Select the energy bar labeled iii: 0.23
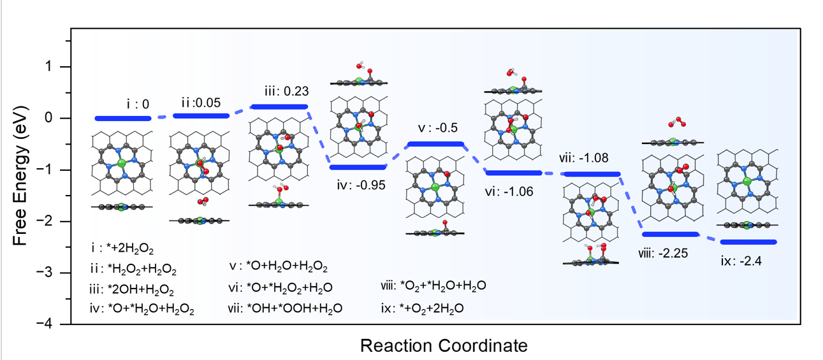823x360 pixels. pyautogui.click(x=279, y=106)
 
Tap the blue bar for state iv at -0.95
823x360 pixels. pyautogui.click(x=358, y=167)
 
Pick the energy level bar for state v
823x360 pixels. pyautogui.click(x=435, y=144)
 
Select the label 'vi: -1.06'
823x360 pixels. pyautogui.click(x=509, y=191)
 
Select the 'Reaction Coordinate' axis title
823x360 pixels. pyautogui.click(x=444, y=345)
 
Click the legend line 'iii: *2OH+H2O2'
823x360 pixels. pyautogui.click(x=132, y=290)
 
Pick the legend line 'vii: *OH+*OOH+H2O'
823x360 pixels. pyautogui.click(x=286, y=308)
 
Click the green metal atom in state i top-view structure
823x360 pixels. pyautogui.click(x=120, y=164)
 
